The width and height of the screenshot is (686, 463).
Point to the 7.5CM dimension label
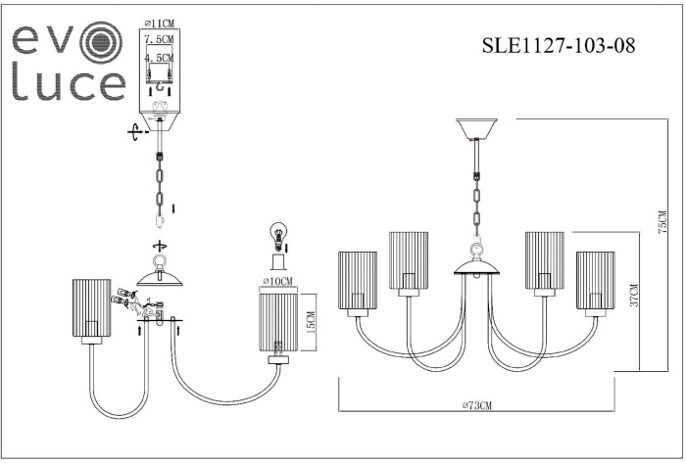click(158, 40)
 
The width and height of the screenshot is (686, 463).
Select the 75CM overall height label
click(663, 227)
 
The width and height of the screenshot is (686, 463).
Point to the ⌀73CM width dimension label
click(475, 405)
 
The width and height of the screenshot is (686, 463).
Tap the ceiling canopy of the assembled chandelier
click(477, 129)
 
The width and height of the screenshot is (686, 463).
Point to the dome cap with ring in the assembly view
click(162, 276)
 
